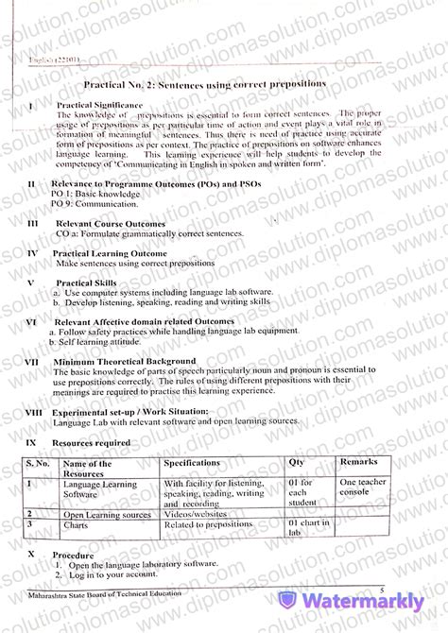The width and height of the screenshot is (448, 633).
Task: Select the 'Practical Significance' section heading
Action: (x=99, y=105)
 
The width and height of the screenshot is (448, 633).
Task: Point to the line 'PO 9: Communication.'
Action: (x=95, y=203)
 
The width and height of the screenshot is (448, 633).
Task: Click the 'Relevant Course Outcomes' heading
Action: (x=110, y=224)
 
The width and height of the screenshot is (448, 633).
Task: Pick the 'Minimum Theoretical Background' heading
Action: (x=125, y=361)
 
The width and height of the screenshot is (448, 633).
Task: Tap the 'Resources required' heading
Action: (x=91, y=442)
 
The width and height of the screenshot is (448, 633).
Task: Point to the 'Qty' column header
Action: (x=296, y=463)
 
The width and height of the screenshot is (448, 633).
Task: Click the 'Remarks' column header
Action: (x=359, y=463)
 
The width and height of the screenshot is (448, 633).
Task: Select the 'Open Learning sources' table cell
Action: (x=107, y=514)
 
